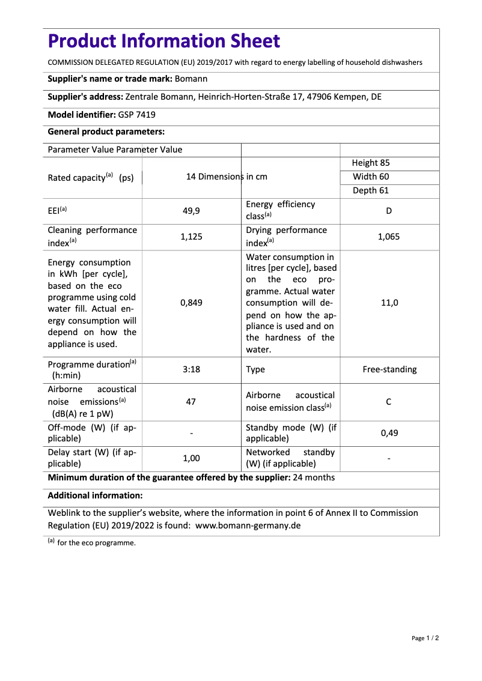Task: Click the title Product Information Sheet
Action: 163,41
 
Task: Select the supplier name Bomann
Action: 191,79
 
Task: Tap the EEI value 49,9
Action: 191,211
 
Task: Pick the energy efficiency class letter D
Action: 389,211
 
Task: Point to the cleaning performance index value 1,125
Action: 191,237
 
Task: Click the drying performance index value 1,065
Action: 389,237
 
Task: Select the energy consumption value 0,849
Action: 191,303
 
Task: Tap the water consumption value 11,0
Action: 389,303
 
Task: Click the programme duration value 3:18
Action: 191,370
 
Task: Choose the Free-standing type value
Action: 389,370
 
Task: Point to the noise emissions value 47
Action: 191,401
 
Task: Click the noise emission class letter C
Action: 389,401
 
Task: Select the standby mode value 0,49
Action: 389,433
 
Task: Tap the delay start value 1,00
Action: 191,458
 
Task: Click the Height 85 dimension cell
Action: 371,163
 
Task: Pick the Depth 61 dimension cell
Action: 370,190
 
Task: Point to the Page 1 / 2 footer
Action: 425,638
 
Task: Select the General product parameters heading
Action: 106,132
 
